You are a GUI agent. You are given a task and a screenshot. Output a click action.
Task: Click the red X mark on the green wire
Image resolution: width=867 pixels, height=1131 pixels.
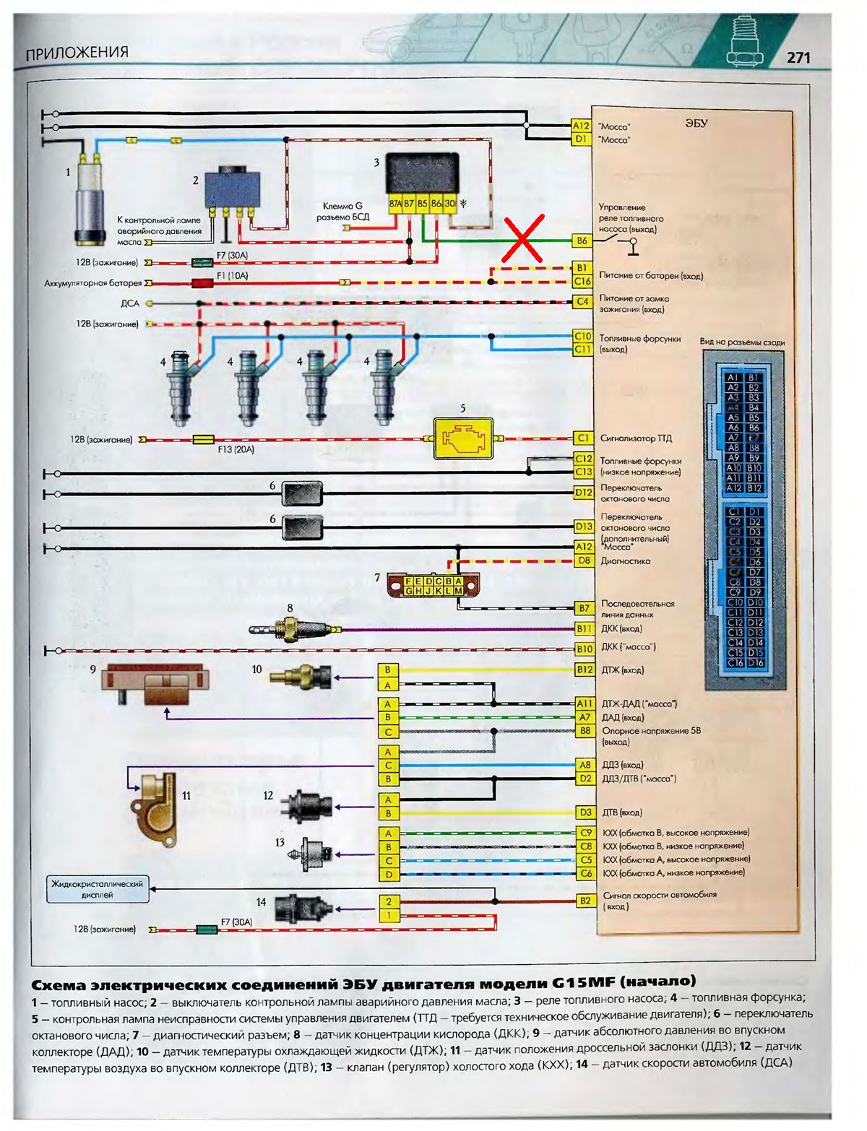pos(523,239)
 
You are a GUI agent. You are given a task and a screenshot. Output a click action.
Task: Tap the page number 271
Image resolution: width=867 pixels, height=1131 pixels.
pos(798,58)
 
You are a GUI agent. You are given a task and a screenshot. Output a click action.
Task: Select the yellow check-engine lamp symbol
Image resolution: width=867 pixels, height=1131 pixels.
pos(462,438)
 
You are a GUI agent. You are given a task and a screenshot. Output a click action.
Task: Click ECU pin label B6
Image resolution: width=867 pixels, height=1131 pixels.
pos(582,240)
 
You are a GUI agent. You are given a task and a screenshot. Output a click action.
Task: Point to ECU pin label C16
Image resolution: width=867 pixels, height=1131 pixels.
pos(582,281)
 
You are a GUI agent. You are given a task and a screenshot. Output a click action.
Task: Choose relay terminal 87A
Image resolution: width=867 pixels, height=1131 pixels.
pos(395,204)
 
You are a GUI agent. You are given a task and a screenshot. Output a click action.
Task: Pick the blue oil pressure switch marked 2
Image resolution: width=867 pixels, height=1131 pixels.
pos(233,189)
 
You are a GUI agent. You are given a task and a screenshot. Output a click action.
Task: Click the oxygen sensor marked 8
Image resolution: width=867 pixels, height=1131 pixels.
pos(293,629)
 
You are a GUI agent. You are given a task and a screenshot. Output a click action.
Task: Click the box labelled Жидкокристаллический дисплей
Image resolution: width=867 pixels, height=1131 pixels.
pos(98,889)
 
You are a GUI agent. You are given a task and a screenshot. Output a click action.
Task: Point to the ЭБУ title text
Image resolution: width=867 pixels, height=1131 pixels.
pos(696,123)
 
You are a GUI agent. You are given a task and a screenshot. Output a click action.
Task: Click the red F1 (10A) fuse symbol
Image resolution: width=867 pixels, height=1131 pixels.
pos(201,283)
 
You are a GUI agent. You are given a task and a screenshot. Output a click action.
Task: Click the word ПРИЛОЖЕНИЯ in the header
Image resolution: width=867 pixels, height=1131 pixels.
pos(77,53)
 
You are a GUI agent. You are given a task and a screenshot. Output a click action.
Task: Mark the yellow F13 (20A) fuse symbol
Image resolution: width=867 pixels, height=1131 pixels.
pos(204,439)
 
